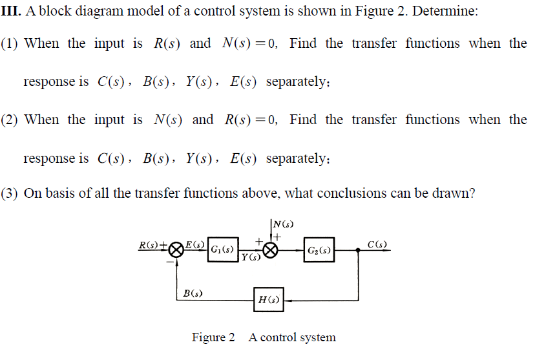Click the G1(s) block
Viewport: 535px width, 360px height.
[222, 249]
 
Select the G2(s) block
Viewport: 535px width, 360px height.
[319, 250]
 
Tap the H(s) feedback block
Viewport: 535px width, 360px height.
[268, 299]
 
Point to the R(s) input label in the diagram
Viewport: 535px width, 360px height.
[150, 245]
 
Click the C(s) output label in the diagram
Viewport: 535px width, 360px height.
[377, 244]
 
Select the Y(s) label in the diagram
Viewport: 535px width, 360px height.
[250, 259]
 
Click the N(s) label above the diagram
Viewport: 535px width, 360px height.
[283, 224]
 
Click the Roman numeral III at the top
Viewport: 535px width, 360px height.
[12, 12]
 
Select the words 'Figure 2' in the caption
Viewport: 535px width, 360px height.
[213, 337]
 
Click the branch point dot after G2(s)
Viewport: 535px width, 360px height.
[359, 250]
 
